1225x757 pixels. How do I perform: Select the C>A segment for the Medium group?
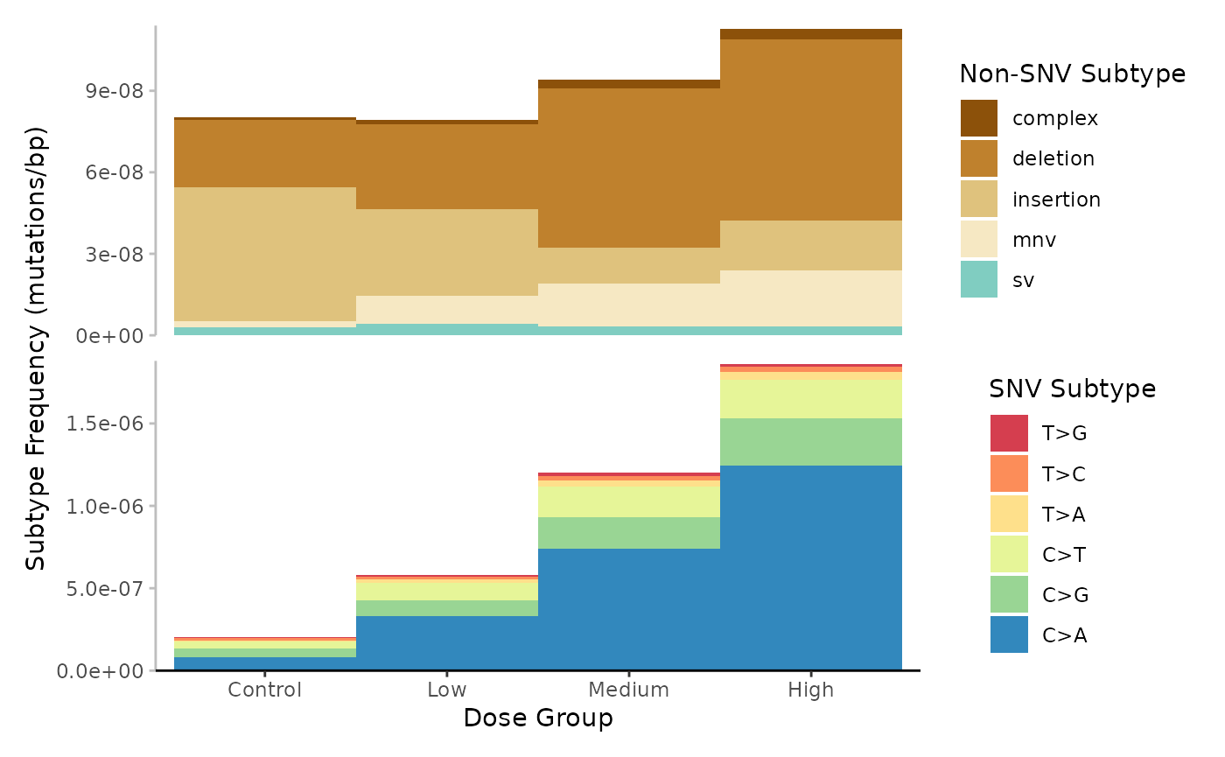[628, 608]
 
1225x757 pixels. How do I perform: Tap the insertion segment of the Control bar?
[265, 254]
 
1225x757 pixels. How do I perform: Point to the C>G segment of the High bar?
[810, 441]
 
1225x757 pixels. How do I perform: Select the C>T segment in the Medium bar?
[628, 500]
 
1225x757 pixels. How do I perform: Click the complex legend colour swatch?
[978, 118]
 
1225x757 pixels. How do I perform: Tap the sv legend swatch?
[978, 279]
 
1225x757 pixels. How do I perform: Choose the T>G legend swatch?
[1008, 433]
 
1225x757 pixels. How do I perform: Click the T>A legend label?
[1063, 515]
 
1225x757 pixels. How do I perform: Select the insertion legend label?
[1056, 200]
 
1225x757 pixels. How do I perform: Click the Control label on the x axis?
[265, 690]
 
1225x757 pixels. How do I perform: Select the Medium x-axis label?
[628, 690]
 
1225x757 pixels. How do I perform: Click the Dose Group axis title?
[537, 718]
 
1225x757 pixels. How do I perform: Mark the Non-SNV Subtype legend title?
[1072, 74]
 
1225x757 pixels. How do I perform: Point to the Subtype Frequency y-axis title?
[35, 350]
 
